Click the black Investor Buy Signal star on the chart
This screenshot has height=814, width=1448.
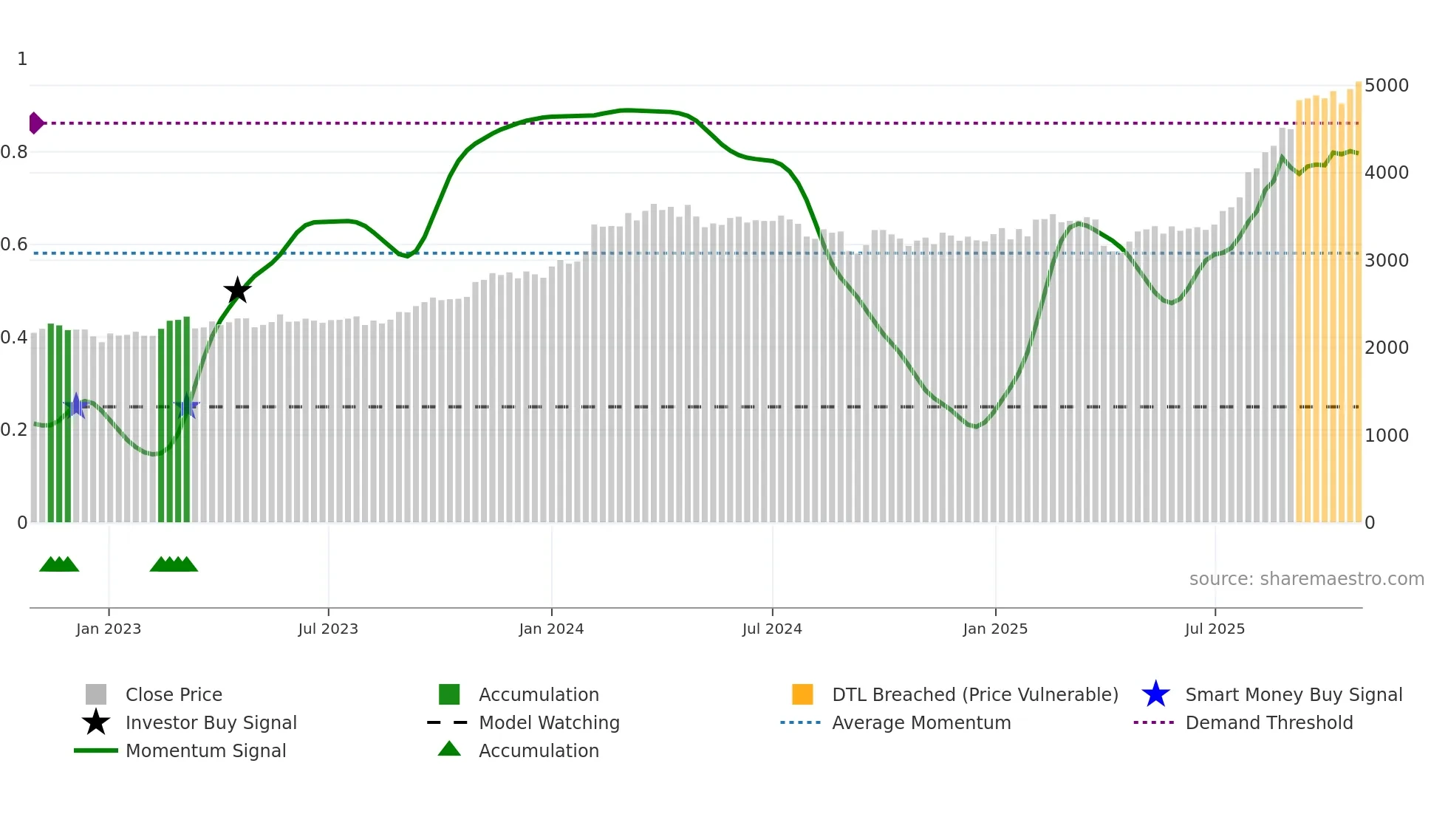pyautogui.click(x=237, y=291)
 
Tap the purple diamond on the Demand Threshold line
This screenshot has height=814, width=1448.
pyautogui.click(x=35, y=123)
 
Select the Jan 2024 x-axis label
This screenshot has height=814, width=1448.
pyautogui.click(x=551, y=629)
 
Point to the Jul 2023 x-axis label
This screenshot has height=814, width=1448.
pyautogui.click(x=328, y=629)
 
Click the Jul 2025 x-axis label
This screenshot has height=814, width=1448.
pyautogui.click(x=1215, y=629)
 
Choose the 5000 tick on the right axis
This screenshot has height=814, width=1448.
pyautogui.click(x=1386, y=86)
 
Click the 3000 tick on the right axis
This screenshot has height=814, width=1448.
pyautogui.click(x=1386, y=261)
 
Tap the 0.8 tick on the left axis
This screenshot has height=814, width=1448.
pyautogui.click(x=15, y=152)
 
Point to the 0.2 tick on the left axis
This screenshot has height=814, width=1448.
pyautogui.click(x=15, y=430)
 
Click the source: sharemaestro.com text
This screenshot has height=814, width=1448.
pyautogui.click(x=1306, y=579)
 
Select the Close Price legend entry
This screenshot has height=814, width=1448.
pyautogui.click(x=174, y=695)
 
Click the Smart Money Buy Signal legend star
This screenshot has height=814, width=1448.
pyautogui.click(x=1155, y=695)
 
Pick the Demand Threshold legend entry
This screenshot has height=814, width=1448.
pyautogui.click(x=1268, y=723)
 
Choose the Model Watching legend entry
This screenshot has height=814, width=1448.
pyautogui.click(x=549, y=723)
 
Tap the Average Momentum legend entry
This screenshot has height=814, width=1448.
pyautogui.click(x=921, y=723)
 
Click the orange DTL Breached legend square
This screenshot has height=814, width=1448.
pyautogui.click(x=802, y=695)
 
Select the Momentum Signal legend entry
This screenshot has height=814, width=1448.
pyautogui.click(x=205, y=751)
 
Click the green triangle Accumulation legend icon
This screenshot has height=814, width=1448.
pyautogui.click(x=449, y=750)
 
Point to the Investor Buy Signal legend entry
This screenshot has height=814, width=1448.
pyautogui.click(x=211, y=723)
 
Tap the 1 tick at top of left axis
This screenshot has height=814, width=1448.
pyautogui.click(x=22, y=59)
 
